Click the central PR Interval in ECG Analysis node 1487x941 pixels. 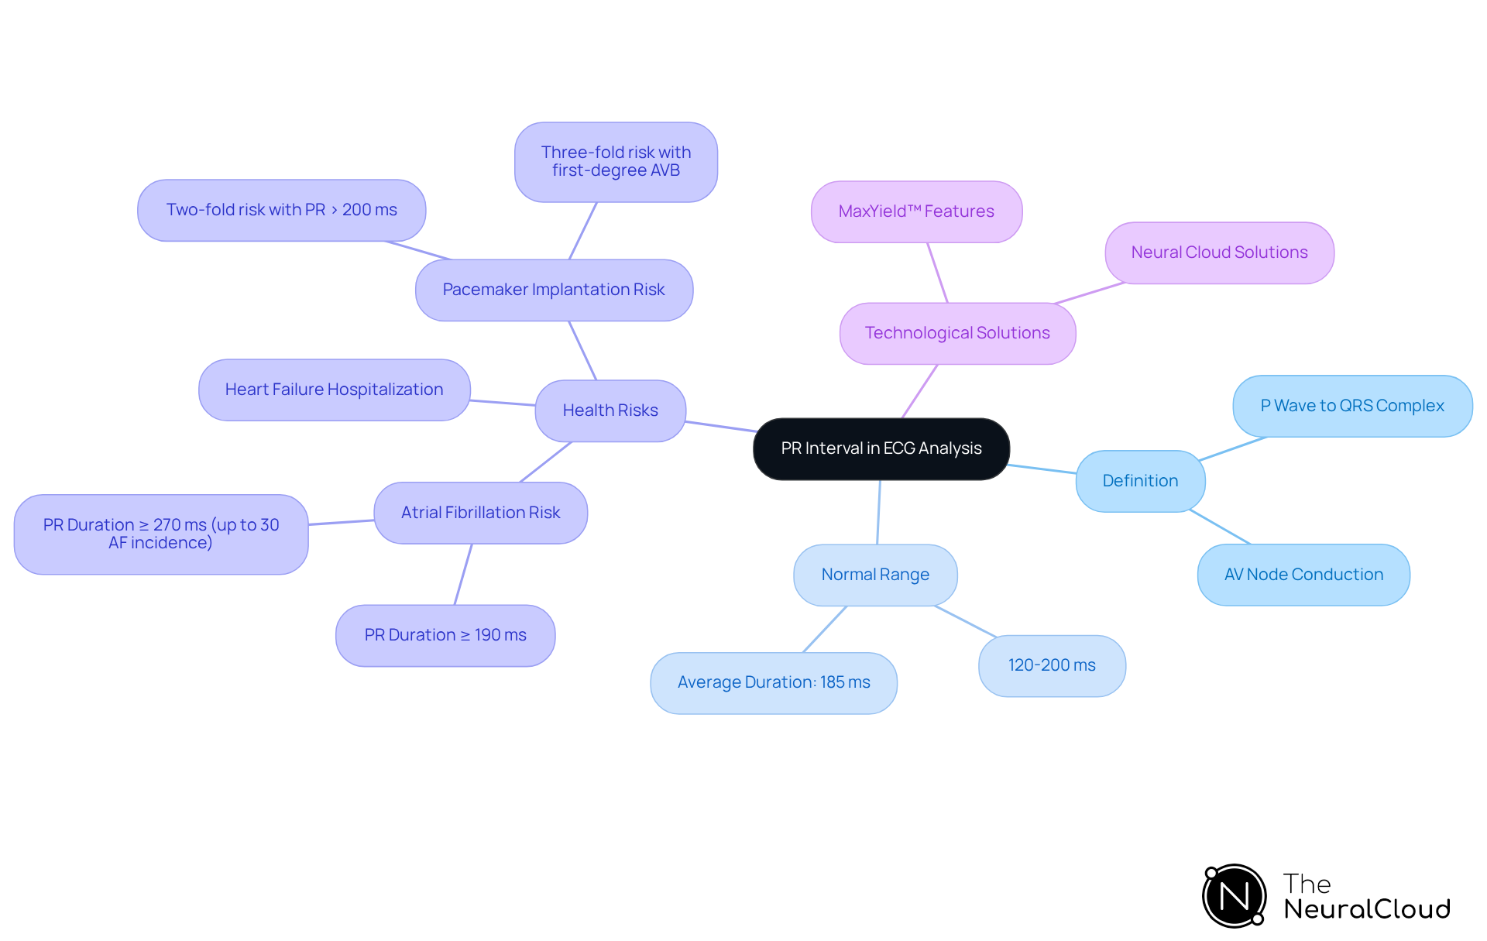[x=881, y=448]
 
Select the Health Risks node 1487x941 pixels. [x=610, y=410]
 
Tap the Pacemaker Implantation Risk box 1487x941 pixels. [x=554, y=290]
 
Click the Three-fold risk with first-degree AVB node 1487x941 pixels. [x=616, y=162]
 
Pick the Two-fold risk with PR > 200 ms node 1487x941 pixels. [x=281, y=210]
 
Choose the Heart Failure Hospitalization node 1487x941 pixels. [x=334, y=390]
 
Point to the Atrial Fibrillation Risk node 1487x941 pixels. [x=480, y=513]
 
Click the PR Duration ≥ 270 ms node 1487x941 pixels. [x=161, y=534]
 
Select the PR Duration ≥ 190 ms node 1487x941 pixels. [x=445, y=635]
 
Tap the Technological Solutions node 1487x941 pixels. [x=957, y=333]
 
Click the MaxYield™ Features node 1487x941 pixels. [x=916, y=211]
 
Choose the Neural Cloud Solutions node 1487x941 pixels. [x=1219, y=252]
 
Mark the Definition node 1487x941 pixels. [x=1140, y=481]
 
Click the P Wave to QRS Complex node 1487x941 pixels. [x=1352, y=406]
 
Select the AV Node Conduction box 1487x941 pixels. [x=1303, y=575]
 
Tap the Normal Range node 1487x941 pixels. [x=875, y=575]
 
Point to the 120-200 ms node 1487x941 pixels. [x=1052, y=665]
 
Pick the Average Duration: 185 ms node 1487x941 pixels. [x=774, y=682]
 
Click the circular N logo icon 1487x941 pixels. [x=1234, y=896]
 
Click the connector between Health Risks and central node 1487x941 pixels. [x=720, y=426]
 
